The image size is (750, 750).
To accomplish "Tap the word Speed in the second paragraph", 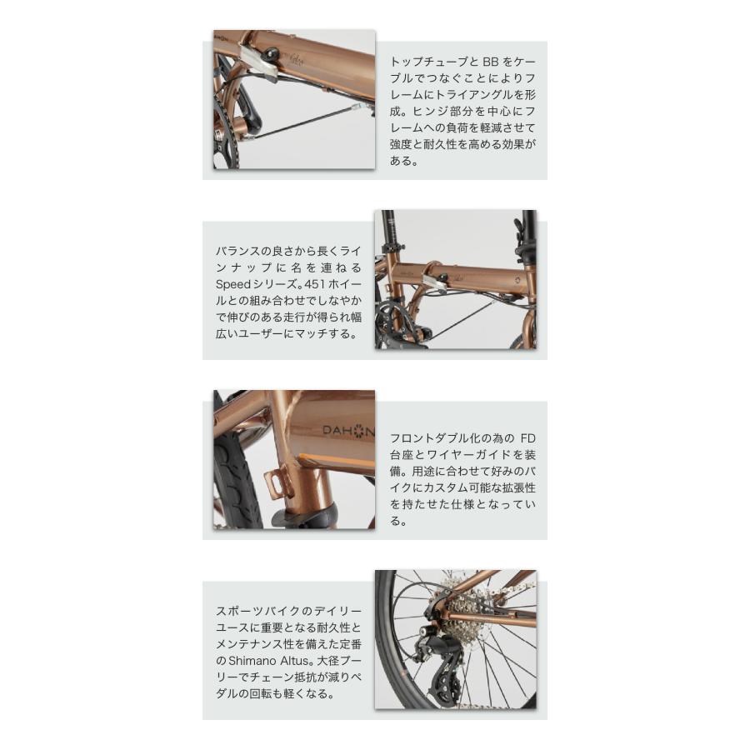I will click(232, 284).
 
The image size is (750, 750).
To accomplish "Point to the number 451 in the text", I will click(317, 284).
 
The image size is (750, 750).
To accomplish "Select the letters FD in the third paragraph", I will click(526, 437).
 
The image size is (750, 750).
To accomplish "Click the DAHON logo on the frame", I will click(348, 431).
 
